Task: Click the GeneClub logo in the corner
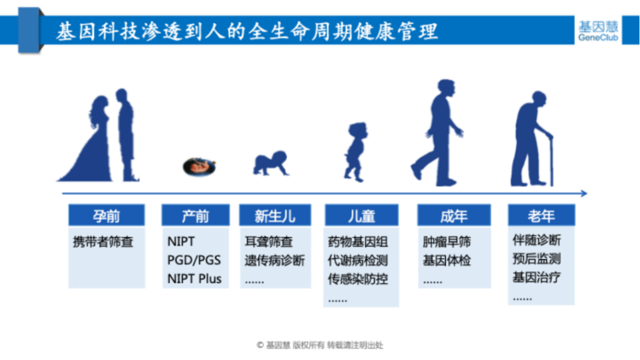click(x=598, y=31)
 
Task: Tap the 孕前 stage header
click(x=106, y=215)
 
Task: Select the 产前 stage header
click(x=196, y=215)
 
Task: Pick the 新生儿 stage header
click(x=275, y=215)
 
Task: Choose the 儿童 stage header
click(x=362, y=215)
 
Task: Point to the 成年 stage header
click(x=454, y=215)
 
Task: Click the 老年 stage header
click(x=541, y=215)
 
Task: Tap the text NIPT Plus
click(x=194, y=279)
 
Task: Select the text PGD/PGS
click(x=194, y=260)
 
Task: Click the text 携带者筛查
click(x=103, y=242)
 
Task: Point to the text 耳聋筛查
click(x=269, y=242)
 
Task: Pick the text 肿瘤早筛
click(x=447, y=242)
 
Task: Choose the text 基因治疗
click(x=537, y=277)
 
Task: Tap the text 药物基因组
click(x=358, y=242)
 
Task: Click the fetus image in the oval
click(x=199, y=166)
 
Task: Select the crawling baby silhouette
click(x=271, y=163)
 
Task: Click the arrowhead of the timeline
click(x=584, y=193)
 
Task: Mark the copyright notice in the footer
click(x=320, y=345)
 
